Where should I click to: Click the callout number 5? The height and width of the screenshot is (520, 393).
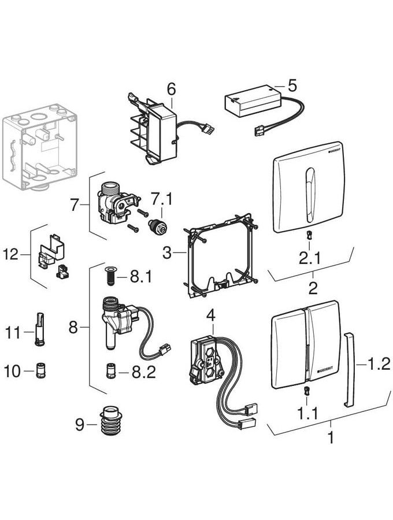[292, 87]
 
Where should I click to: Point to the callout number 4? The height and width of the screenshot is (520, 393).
[210, 316]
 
